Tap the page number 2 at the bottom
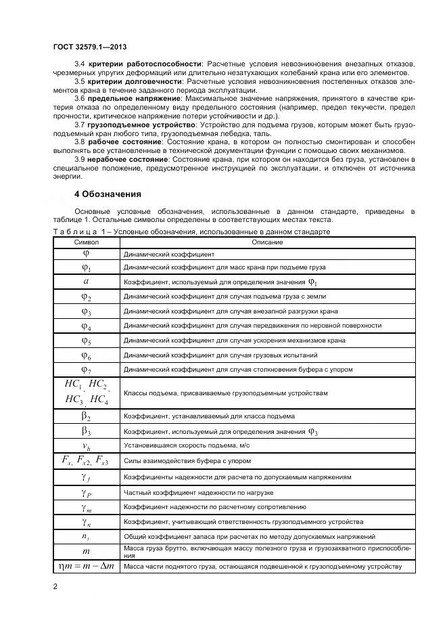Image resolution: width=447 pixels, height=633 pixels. click(55, 586)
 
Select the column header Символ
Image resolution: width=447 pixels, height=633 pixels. click(86, 242)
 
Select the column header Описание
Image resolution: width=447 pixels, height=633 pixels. click(267, 242)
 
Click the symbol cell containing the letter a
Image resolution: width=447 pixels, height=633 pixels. click(86, 282)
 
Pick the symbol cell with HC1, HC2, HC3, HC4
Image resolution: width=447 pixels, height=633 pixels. click(86, 393)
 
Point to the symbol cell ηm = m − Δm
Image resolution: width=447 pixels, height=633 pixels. click(86, 566)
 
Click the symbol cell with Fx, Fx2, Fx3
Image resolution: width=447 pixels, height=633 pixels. click(86, 461)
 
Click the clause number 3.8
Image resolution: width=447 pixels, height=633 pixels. click(78, 143)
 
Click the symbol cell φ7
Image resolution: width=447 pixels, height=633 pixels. click(86, 370)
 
